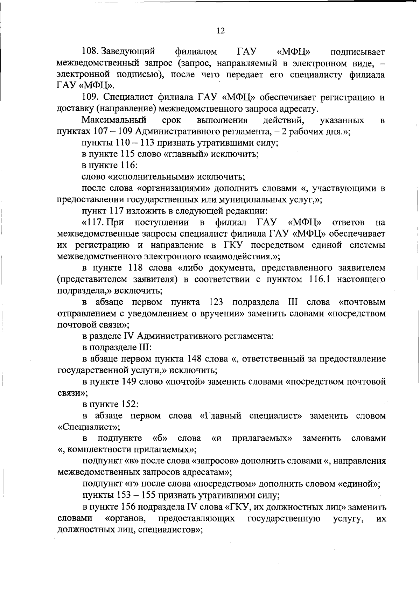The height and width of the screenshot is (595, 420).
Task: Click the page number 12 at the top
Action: pyautogui.click(x=220, y=31)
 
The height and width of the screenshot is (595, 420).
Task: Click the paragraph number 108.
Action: pyautogui.click(x=90, y=52)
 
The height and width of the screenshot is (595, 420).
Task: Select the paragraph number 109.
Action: pyautogui.click(x=90, y=97)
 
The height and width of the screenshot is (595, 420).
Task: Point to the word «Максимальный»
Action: pyautogui.click(x=114, y=120)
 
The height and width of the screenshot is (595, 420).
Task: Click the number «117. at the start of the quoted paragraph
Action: pyautogui.click(x=92, y=222)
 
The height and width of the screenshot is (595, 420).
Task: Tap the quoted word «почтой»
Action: pyautogui.click(x=185, y=381)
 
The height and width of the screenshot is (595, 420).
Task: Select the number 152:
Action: pyautogui.click(x=130, y=404)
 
